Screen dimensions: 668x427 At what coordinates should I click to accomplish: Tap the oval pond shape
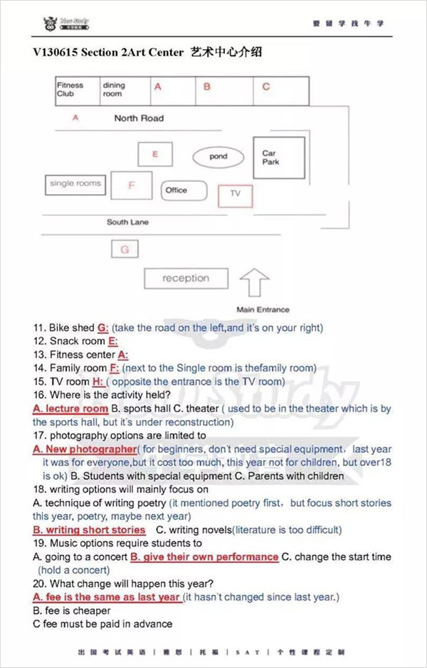[218, 156]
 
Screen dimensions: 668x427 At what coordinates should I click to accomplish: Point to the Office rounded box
[184, 190]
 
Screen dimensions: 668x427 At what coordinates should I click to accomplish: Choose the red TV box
[235, 194]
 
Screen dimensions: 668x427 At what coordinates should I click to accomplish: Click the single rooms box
[75, 184]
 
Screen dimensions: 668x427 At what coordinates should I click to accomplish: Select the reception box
[186, 279]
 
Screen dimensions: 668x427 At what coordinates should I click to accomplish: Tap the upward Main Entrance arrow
[254, 284]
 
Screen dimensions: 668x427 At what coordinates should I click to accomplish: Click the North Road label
[139, 118]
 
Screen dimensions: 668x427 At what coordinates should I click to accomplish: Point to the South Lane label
[128, 222]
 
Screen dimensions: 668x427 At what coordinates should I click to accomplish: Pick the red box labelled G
[125, 250]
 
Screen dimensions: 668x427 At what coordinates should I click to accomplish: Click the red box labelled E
[155, 154]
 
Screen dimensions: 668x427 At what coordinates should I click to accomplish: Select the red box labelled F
[132, 186]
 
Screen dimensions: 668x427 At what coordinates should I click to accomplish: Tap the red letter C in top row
[266, 87]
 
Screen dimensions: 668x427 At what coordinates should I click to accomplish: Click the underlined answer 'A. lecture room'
[70, 409]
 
